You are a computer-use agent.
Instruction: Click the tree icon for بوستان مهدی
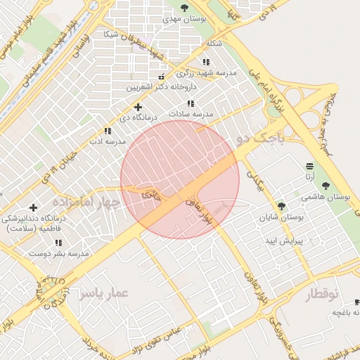coord(184,8)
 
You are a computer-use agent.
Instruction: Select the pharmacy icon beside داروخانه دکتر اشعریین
coord(162,77)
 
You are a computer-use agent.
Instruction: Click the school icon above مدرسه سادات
coord(191,103)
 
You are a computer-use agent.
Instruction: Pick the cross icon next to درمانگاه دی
coord(138,107)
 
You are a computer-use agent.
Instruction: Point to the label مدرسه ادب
coord(106,141)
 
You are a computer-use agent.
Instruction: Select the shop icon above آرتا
coord(310,166)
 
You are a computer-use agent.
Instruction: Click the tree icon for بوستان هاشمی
coord(325,186)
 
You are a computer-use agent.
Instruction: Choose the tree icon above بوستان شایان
coord(281,206)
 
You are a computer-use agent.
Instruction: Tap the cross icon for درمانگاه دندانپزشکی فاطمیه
coord(33,207)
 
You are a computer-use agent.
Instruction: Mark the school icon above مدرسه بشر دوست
coord(58,243)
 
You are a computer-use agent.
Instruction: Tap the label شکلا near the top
coord(214,43)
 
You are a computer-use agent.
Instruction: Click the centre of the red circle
coord(180,179)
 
